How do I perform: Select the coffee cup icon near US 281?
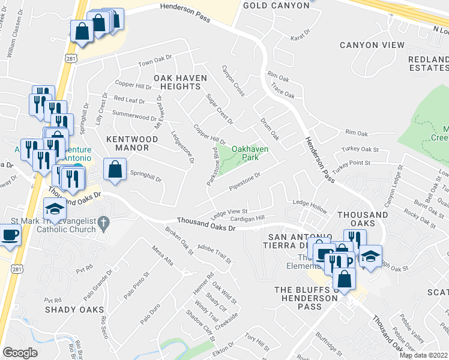(x=10, y=235)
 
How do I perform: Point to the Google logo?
(x=20, y=353)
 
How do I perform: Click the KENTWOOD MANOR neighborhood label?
(x=132, y=143)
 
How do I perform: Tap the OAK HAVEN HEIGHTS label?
(x=180, y=82)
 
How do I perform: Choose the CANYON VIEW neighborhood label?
(x=368, y=45)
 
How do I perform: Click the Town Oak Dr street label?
(x=155, y=63)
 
